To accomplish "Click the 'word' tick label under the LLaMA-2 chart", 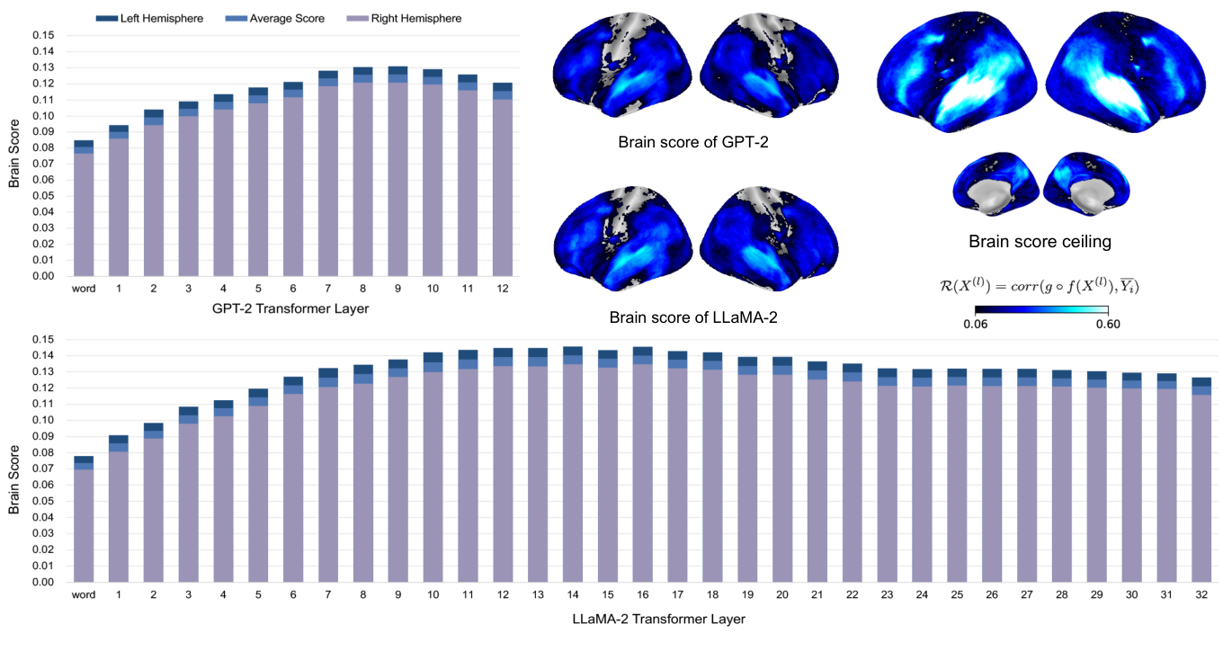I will (x=84, y=594).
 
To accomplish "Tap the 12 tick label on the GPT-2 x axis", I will (x=502, y=289).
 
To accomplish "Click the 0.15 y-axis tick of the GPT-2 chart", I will (x=42, y=35).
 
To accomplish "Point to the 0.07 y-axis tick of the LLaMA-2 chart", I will (x=42, y=468).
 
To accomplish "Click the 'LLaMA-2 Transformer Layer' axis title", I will (x=658, y=619).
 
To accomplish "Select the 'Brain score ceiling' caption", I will (x=1039, y=241).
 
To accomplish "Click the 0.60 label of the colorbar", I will (x=1108, y=325).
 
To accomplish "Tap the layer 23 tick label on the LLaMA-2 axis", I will (x=888, y=594).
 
